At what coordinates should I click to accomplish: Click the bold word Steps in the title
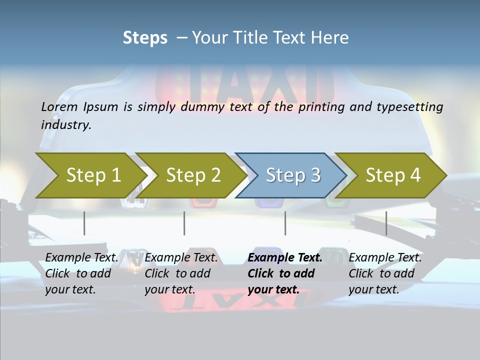point(145,37)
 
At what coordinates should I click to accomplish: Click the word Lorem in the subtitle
point(59,106)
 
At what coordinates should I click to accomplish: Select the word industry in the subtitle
point(65,124)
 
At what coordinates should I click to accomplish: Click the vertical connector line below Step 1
point(84,223)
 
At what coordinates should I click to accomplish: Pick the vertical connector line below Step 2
point(184,223)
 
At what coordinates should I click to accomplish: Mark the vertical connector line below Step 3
point(285,223)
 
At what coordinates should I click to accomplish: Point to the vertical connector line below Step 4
point(386,223)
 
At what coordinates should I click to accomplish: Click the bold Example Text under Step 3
point(285,257)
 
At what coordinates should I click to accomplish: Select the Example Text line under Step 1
point(82,257)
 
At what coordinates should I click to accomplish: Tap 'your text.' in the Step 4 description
point(373,289)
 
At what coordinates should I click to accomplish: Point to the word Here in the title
point(331,37)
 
